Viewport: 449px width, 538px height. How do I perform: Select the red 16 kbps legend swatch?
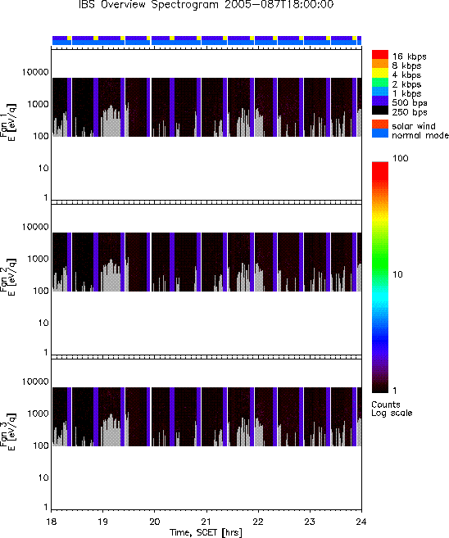point(380,54)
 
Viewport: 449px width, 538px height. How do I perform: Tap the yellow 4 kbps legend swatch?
point(380,73)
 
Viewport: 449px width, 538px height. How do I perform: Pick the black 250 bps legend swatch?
point(380,111)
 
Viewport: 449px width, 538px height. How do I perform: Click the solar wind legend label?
point(413,126)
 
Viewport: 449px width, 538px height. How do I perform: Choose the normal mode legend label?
point(420,135)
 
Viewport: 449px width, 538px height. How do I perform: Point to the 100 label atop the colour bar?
point(401,158)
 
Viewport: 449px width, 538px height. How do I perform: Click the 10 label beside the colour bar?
point(397,274)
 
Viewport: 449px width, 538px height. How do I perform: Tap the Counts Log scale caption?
point(392,409)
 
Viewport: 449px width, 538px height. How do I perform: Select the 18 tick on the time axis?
point(51,522)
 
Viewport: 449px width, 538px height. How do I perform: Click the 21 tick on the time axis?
point(206,522)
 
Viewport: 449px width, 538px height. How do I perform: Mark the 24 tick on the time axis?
point(361,522)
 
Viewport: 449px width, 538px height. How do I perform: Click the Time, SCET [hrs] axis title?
point(206,532)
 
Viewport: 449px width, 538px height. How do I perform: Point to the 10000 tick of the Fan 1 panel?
point(35,72)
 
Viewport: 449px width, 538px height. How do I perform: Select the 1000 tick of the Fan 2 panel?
point(39,259)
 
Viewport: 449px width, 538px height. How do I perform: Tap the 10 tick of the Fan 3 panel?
point(43,477)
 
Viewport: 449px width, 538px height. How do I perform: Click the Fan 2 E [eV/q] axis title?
point(8,277)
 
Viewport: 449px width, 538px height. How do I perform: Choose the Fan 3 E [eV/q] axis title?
point(8,432)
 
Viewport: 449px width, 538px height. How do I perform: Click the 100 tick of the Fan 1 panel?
point(41,136)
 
